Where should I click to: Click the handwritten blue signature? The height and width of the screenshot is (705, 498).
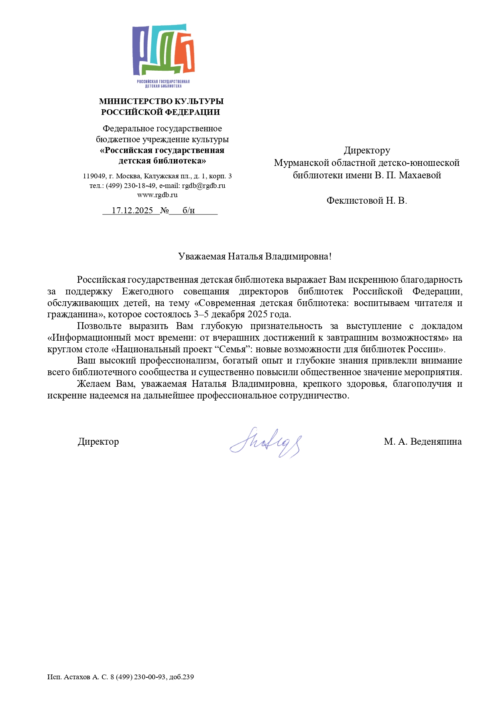[265, 443]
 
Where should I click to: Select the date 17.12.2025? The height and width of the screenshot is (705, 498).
[132, 210]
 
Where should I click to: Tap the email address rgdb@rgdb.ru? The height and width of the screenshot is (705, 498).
[203, 186]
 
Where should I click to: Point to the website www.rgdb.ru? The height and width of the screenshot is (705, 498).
[157, 195]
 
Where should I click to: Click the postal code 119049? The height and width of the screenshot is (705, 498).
[94, 176]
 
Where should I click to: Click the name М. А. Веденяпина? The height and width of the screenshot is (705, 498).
[422, 442]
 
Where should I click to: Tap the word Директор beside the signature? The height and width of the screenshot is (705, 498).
[98, 442]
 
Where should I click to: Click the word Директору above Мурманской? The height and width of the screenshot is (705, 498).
[367, 151]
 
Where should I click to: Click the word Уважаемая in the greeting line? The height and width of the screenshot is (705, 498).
[202, 257]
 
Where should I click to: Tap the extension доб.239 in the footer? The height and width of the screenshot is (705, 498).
[181, 677]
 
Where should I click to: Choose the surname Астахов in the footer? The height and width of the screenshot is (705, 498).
[77, 677]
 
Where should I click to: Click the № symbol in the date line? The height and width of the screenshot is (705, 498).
[165, 210]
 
